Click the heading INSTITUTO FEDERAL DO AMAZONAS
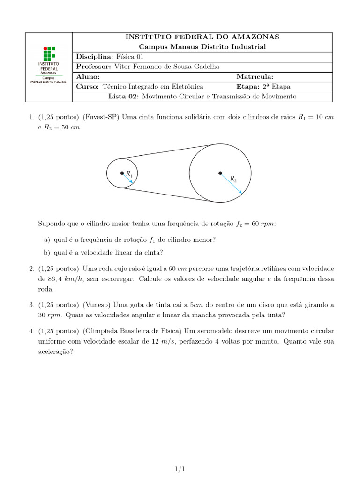(x=202, y=37)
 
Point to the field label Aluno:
(x=88, y=77)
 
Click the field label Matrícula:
(x=255, y=77)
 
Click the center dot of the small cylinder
(x=122, y=173)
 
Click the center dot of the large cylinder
(x=220, y=173)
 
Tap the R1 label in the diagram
(x=129, y=174)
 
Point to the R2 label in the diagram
(x=233, y=179)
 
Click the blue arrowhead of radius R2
(x=240, y=192)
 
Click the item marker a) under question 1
(x=47, y=240)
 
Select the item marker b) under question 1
(x=47, y=253)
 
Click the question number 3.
(x=31, y=305)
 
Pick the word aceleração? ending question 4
(x=55, y=352)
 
